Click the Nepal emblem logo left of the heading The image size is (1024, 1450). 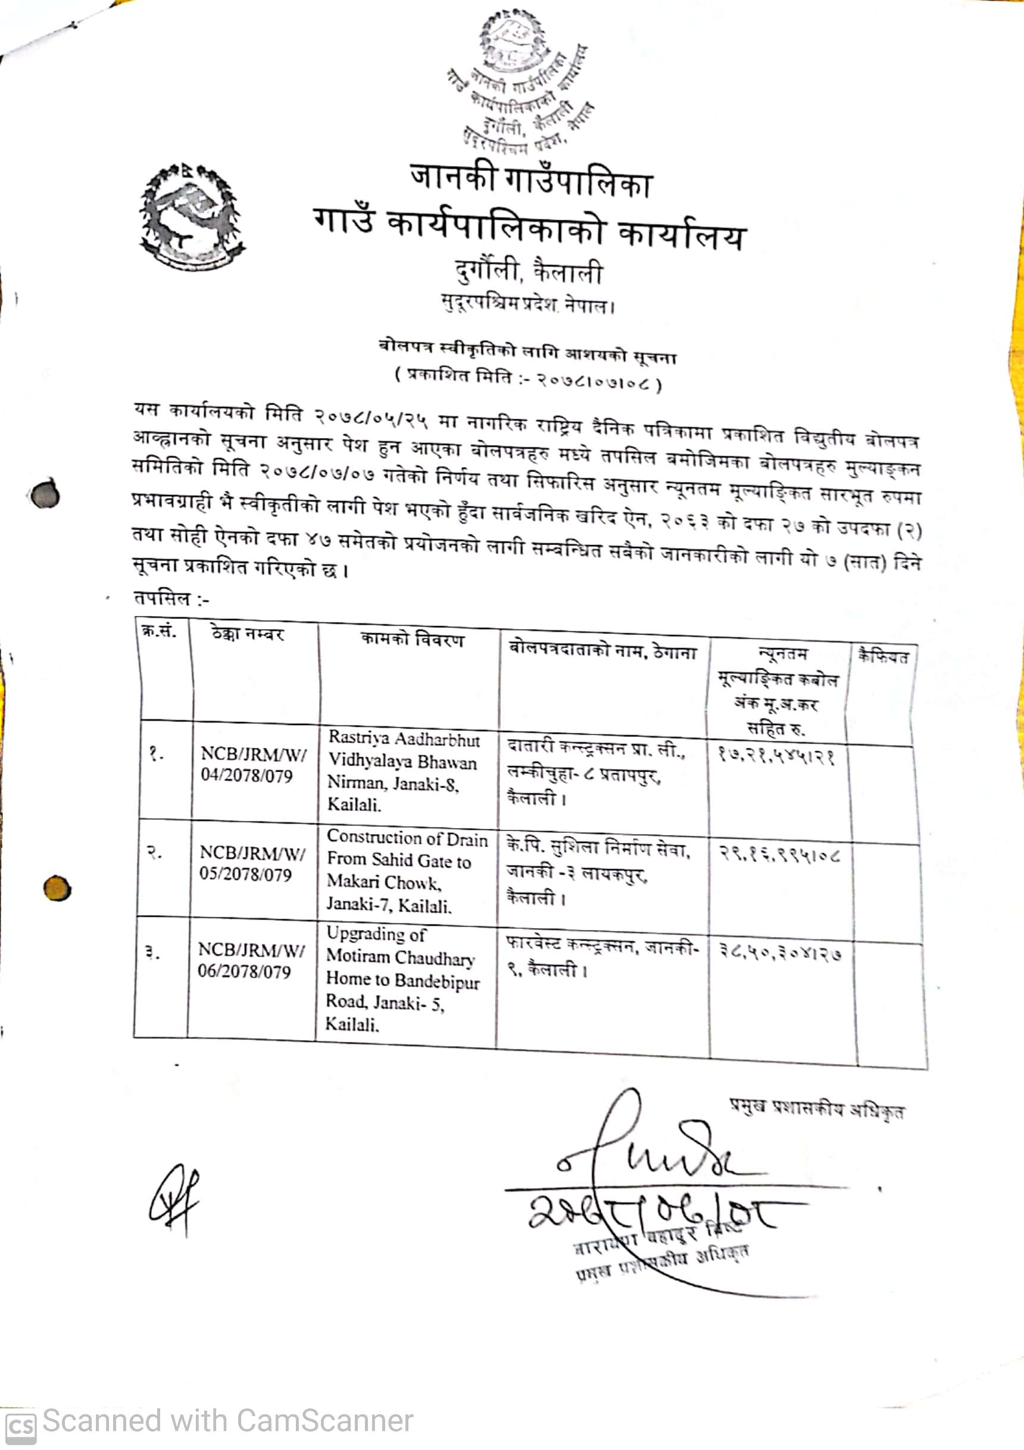[x=191, y=217]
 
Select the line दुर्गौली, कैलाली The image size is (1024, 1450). [x=529, y=272]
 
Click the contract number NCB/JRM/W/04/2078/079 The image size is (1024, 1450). [x=253, y=765]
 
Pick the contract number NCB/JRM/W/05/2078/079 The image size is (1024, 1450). [x=252, y=863]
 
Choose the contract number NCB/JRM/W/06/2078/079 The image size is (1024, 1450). [x=251, y=960]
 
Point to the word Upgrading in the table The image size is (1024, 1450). [x=358, y=934]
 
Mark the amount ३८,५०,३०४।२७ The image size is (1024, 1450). [x=781, y=954]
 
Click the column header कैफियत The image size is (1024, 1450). [x=882, y=658]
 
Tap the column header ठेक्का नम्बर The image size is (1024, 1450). [x=248, y=633]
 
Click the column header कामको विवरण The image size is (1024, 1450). [x=411, y=639]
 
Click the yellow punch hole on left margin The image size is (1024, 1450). [x=57, y=889]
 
